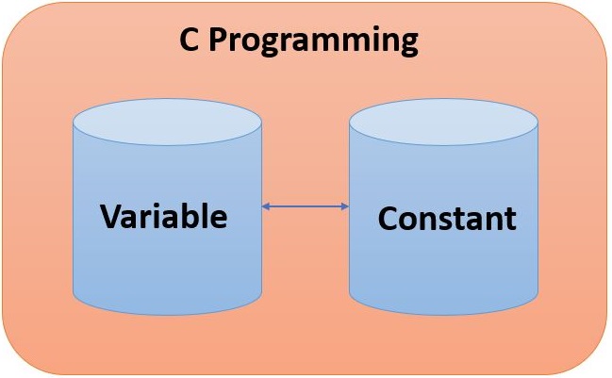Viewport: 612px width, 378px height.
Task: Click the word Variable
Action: click(164, 217)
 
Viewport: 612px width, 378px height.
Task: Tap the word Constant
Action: click(447, 219)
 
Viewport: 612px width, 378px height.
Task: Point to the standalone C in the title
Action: click(189, 41)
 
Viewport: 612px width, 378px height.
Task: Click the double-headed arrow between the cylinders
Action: click(306, 205)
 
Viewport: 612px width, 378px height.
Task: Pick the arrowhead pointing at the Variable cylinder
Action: click(267, 205)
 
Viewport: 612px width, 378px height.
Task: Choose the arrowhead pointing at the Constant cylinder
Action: click(344, 205)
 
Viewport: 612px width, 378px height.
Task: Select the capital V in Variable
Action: click(111, 217)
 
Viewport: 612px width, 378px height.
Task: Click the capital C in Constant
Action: click(388, 219)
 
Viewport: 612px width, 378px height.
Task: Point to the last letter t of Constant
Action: click(510, 220)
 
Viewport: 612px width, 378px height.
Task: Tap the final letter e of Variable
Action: click(219, 220)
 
